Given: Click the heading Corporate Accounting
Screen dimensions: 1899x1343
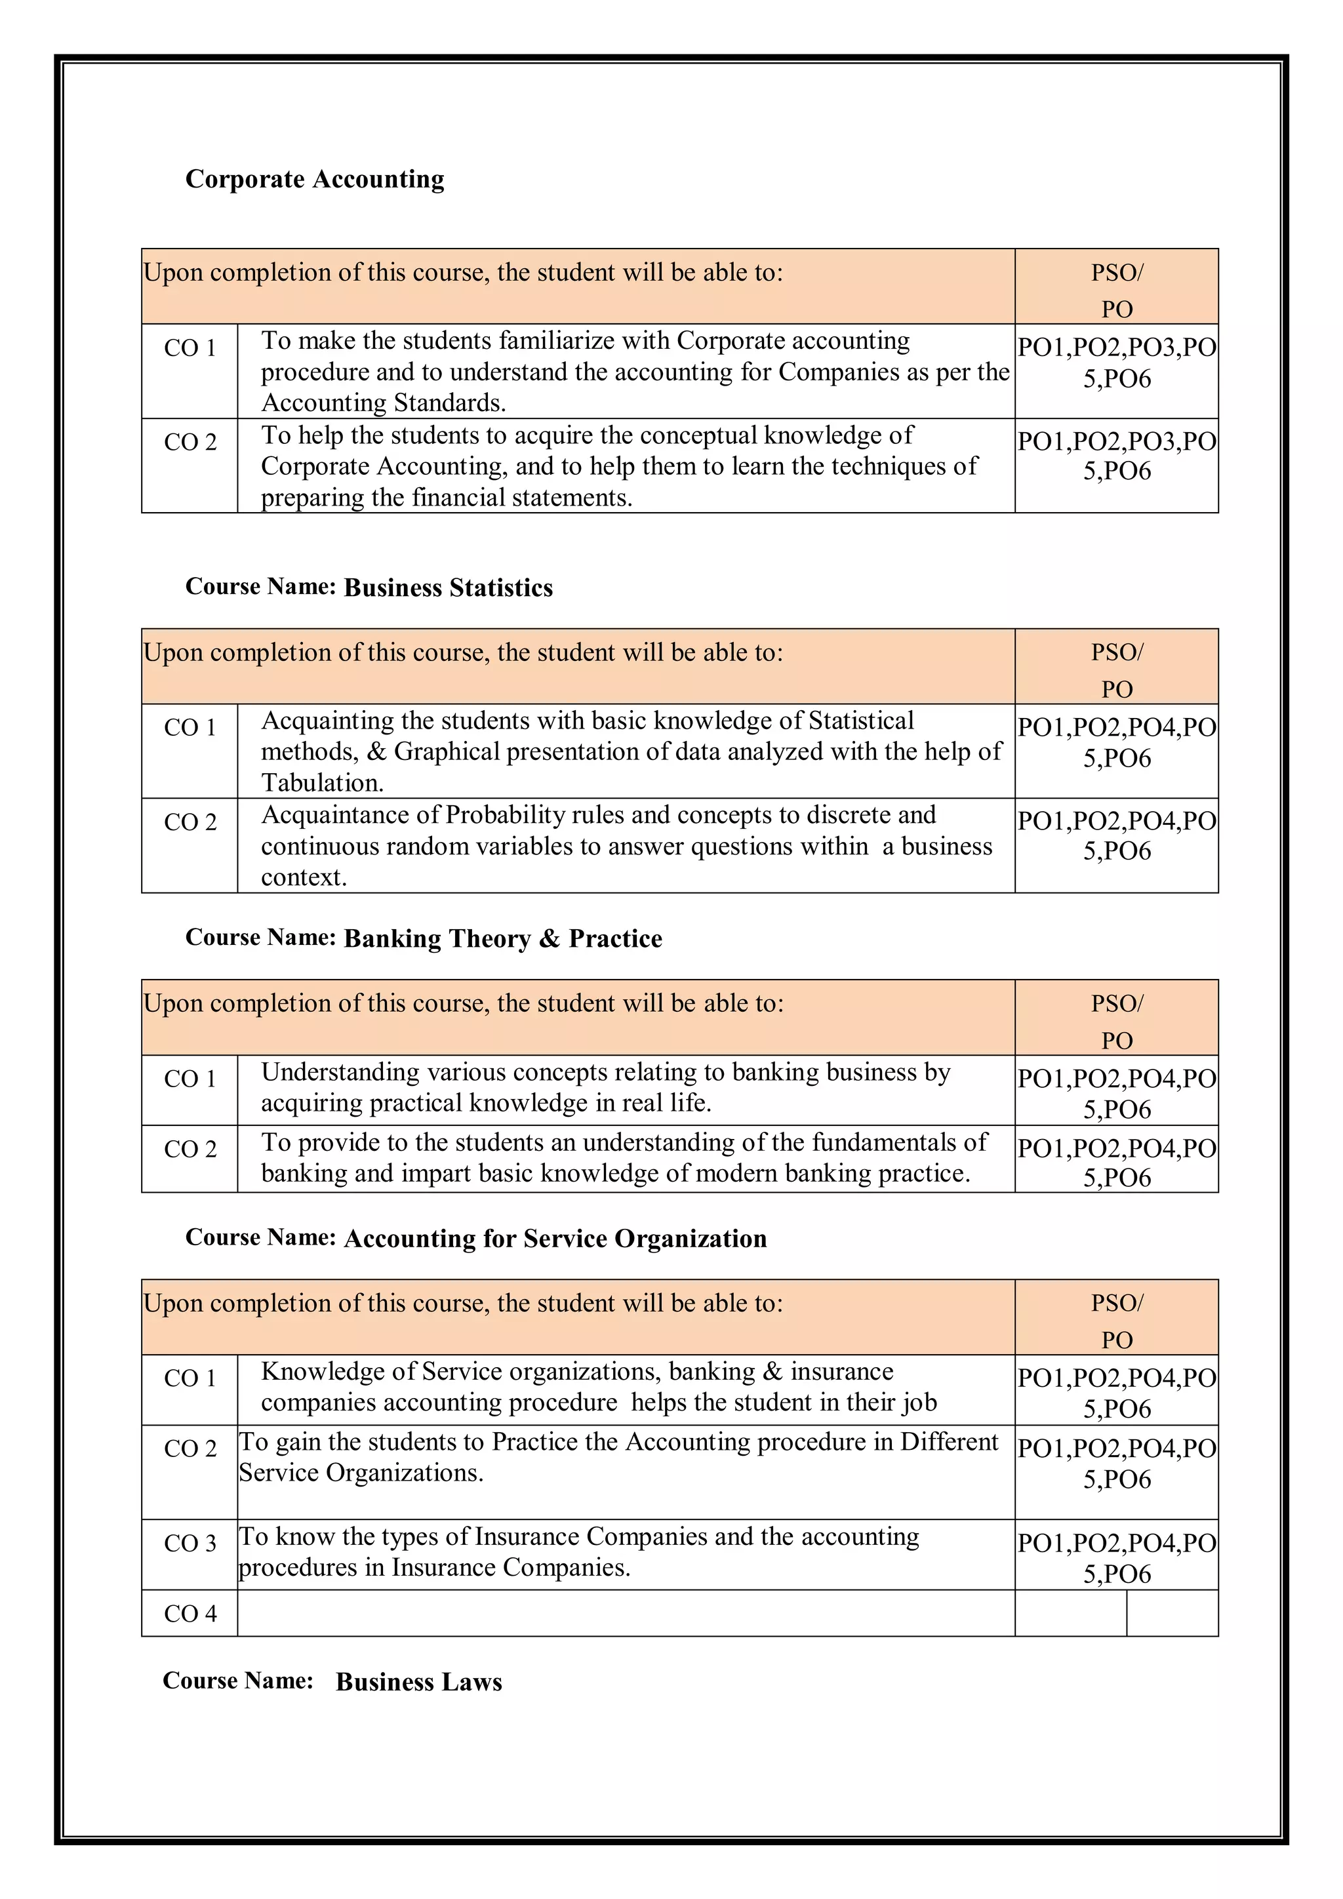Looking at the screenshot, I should (314, 180).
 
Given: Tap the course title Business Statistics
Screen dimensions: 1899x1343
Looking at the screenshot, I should (449, 588).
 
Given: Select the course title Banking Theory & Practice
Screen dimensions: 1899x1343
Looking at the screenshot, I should (503, 939).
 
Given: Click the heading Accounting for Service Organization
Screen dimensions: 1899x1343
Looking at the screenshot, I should (555, 1239).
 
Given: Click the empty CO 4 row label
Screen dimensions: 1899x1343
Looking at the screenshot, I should (190, 1614).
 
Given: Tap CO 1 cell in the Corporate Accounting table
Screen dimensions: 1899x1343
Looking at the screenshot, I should (190, 348).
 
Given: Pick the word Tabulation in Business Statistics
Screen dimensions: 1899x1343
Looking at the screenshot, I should (322, 782).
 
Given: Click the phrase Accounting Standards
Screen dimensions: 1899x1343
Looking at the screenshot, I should (383, 403).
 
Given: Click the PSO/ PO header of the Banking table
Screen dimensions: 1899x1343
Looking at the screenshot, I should (1116, 1020).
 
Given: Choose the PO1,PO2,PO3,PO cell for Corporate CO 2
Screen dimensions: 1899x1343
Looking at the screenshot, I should (1116, 456).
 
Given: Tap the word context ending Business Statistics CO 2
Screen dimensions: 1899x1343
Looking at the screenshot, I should (303, 877).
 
